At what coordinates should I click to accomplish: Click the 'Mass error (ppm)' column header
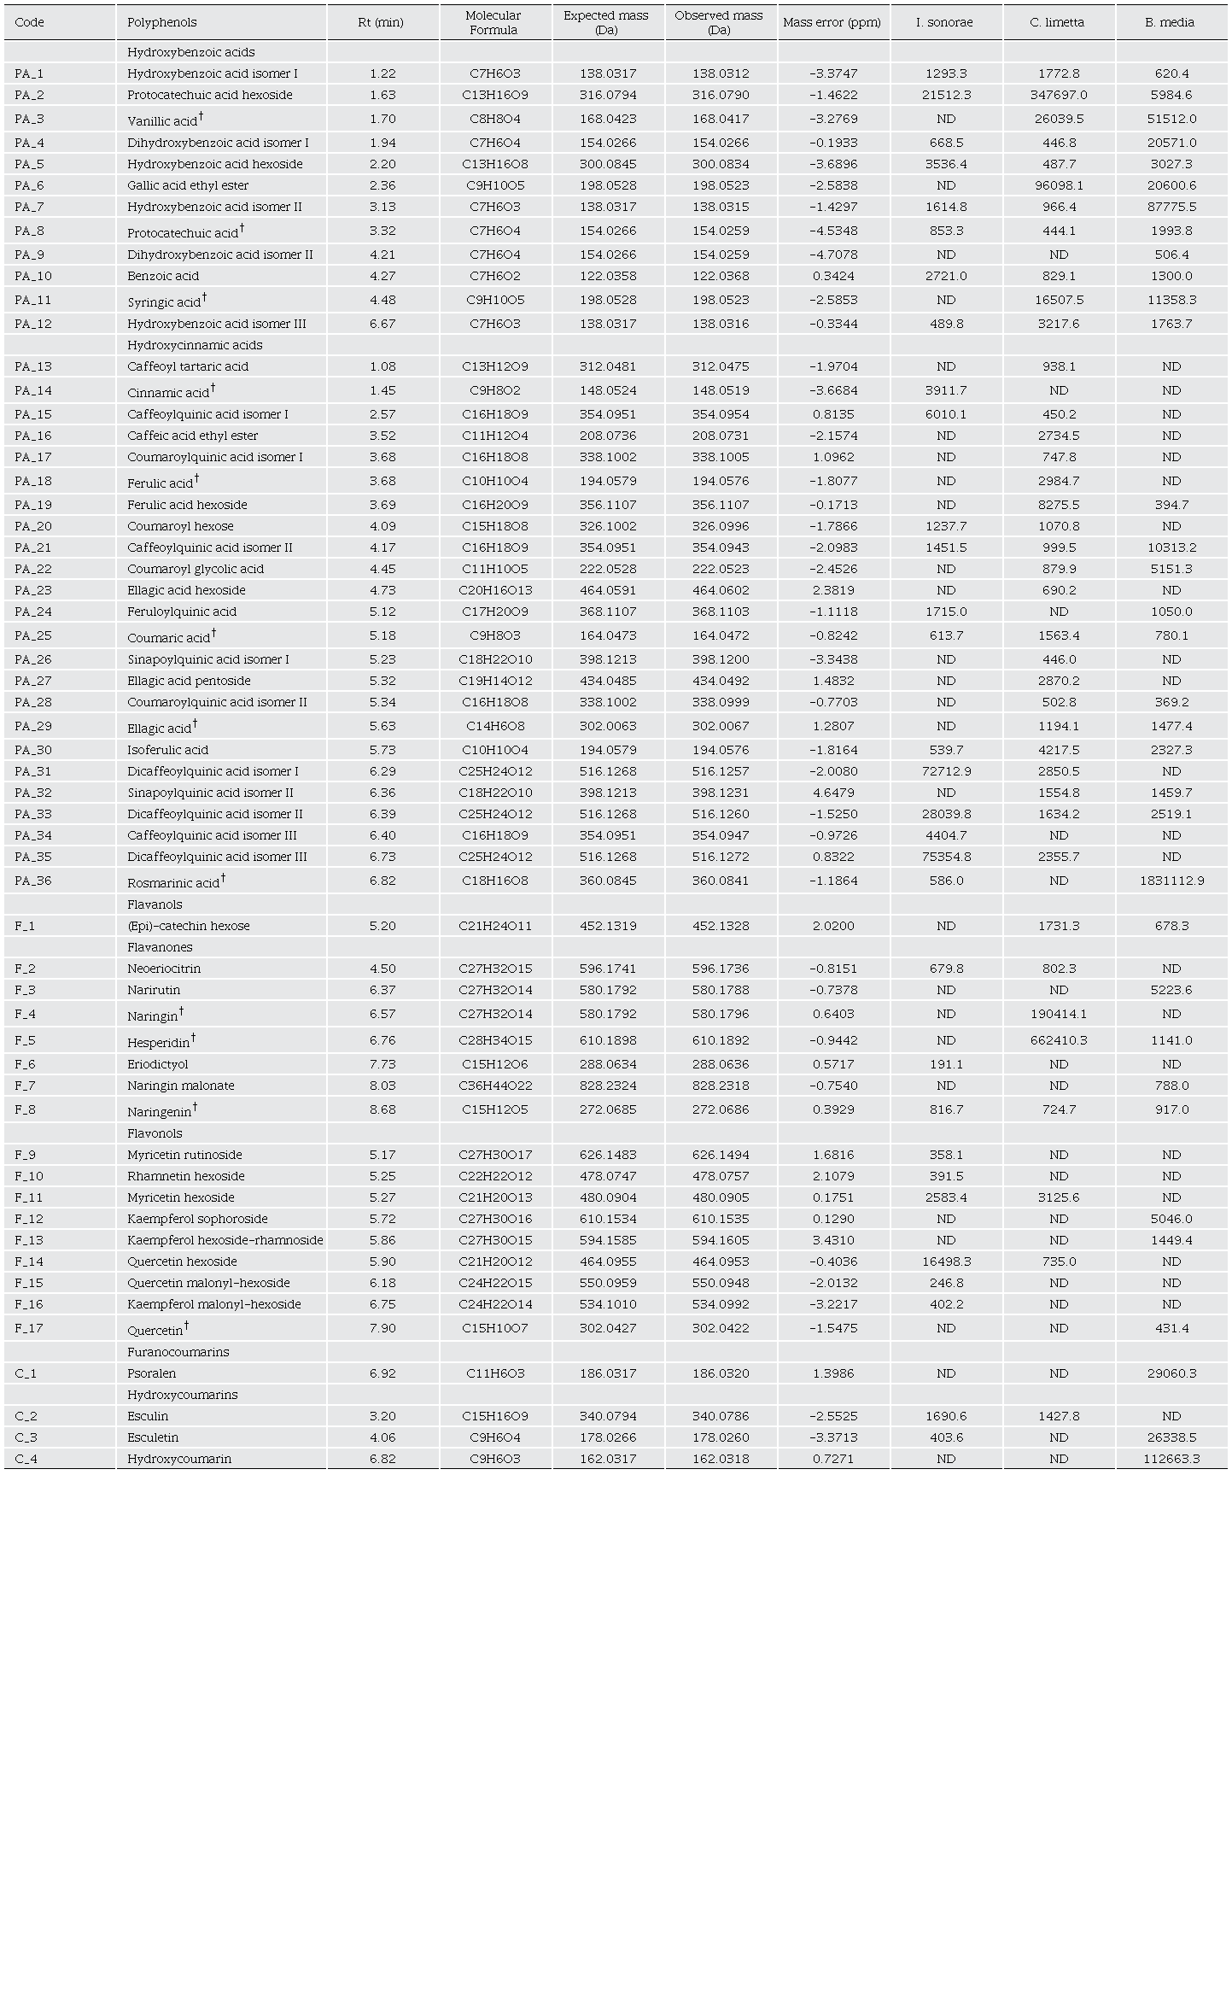click(x=832, y=22)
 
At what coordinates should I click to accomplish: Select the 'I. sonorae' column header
click(x=944, y=22)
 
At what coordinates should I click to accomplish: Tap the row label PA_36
click(x=33, y=881)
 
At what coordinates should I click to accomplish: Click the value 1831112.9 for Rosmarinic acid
click(x=1171, y=881)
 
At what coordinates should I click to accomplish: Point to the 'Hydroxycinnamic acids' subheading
click(x=195, y=345)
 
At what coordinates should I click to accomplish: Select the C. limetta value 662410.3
click(x=1058, y=1040)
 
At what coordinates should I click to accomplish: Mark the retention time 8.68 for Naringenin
click(x=382, y=1109)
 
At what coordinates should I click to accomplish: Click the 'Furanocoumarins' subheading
click(x=178, y=1352)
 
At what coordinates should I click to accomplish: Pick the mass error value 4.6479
click(x=832, y=793)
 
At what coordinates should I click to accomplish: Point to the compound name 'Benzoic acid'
click(x=163, y=276)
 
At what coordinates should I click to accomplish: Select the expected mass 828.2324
click(x=607, y=1086)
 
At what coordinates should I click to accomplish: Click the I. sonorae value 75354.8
click(x=945, y=857)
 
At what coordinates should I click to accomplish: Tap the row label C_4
click(x=26, y=1459)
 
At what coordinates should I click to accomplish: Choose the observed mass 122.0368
click(x=720, y=276)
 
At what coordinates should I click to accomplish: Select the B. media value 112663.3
click(x=1171, y=1459)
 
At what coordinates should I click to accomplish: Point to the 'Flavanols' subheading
click(x=155, y=904)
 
